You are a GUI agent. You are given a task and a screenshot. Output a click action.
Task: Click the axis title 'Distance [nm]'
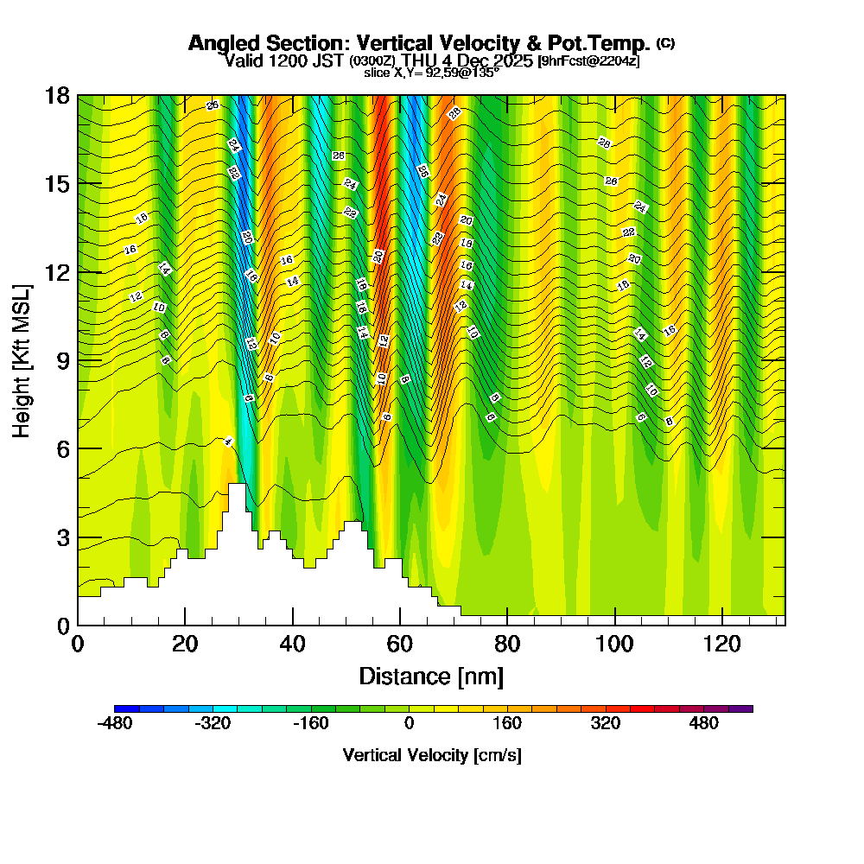coord(431,676)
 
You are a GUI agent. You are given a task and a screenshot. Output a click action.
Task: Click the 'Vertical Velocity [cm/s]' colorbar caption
coord(431,755)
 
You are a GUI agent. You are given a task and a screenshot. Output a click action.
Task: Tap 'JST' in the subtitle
coord(328,60)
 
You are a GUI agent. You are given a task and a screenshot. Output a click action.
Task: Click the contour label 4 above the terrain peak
coord(228,442)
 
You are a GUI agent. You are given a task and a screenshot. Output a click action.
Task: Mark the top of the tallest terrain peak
coord(238,485)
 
